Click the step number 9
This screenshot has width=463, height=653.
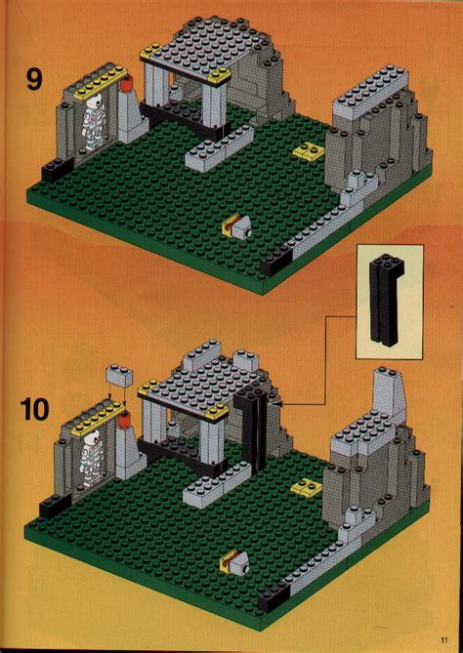click(34, 78)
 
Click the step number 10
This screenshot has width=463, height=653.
click(34, 408)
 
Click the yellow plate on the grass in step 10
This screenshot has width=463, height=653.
click(307, 487)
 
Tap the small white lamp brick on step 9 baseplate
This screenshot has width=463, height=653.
click(236, 227)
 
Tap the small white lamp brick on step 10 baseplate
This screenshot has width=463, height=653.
click(235, 561)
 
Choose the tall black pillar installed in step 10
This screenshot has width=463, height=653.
click(257, 429)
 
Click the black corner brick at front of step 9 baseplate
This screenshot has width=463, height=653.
click(275, 259)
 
